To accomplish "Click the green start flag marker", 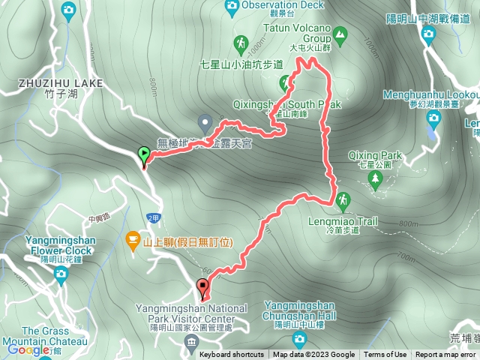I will click(x=143, y=156).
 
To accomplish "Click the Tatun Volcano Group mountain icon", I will click(x=340, y=33).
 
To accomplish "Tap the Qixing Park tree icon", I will click(x=376, y=180).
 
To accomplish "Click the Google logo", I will click(x=28, y=349).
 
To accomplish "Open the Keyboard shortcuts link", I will click(x=232, y=355).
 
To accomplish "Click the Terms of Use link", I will click(x=385, y=355).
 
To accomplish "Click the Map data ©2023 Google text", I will click(x=314, y=355).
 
